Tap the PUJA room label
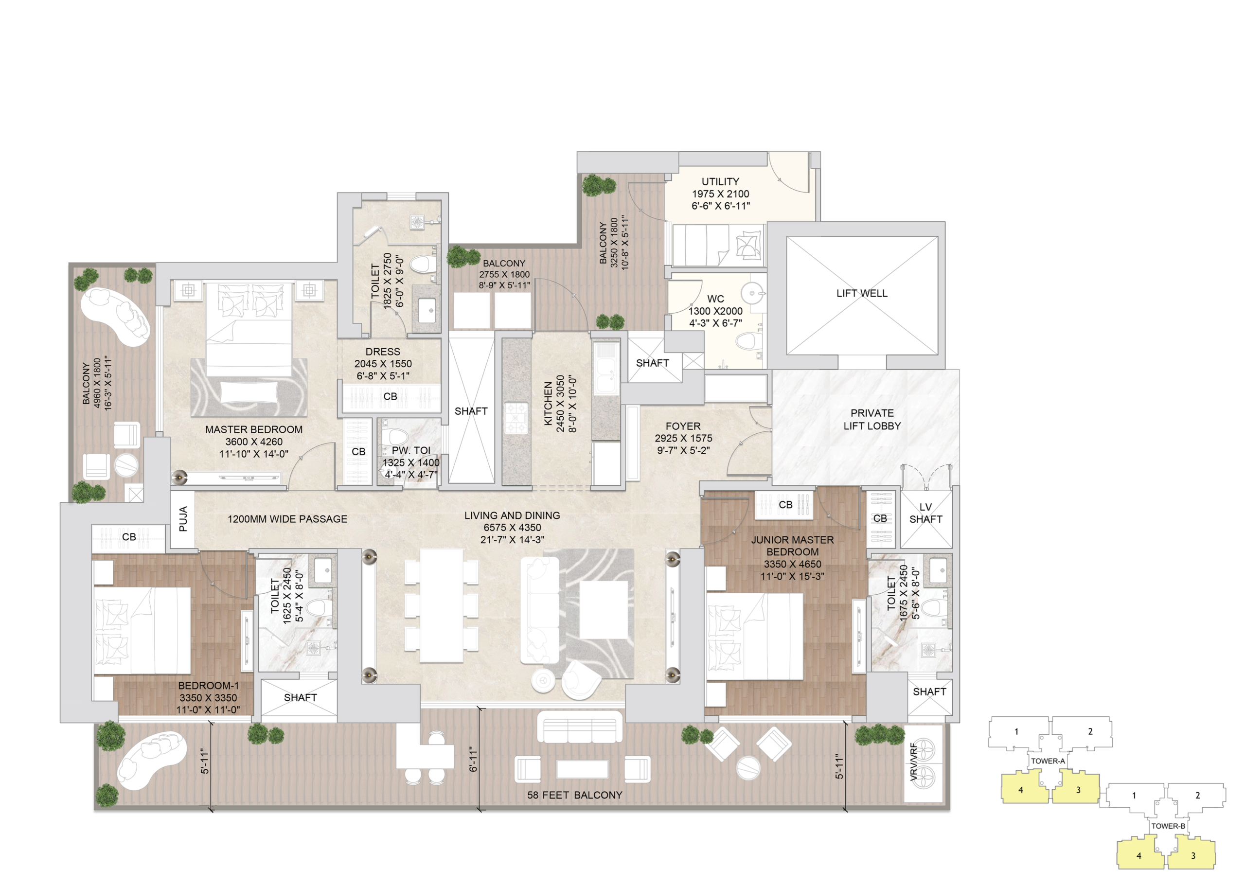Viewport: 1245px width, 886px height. pyautogui.click(x=183, y=519)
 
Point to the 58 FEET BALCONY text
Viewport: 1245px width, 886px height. pyautogui.click(x=574, y=795)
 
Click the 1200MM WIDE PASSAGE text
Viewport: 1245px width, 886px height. pyautogui.click(x=287, y=519)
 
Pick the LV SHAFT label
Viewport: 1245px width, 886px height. pyautogui.click(x=925, y=514)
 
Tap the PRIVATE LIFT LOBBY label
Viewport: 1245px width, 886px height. pyautogui.click(x=872, y=420)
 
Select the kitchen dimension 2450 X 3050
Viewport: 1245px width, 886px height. pyautogui.click(x=560, y=404)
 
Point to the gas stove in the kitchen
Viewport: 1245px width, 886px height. pyautogui.click(x=516, y=417)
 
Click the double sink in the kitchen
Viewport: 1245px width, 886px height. pyautogui.click(x=605, y=368)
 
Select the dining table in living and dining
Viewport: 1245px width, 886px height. pyautogui.click(x=442, y=605)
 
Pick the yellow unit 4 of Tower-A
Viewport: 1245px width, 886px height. pyautogui.click(x=1024, y=787)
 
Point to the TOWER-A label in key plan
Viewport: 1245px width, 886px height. pyautogui.click(x=1048, y=761)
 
